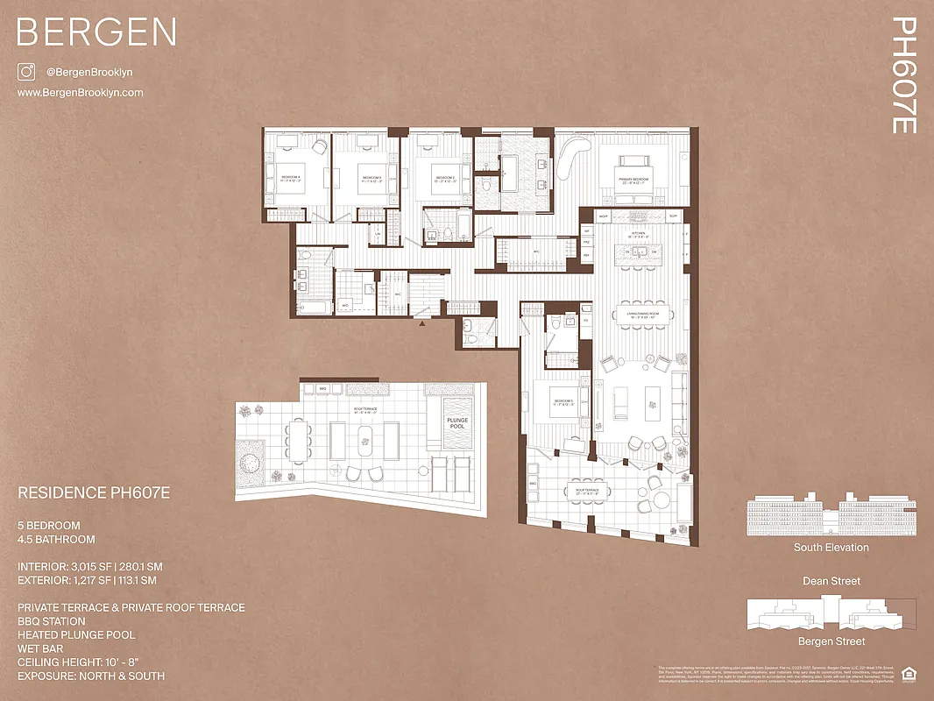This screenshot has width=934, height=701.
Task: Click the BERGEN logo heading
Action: (x=96, y=32)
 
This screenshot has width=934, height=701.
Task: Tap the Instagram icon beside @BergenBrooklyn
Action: (x=26, y=73)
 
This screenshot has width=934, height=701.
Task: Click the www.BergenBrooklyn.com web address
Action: (x=80, y=92)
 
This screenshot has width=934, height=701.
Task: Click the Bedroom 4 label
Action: (x=291, y=178)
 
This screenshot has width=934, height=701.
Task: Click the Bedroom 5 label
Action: (x=563, y=403)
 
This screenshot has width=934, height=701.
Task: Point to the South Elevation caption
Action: (x=831, y=548)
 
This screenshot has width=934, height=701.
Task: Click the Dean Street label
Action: (x=831, y=581)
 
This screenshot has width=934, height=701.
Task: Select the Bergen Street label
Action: (x=831, y=642)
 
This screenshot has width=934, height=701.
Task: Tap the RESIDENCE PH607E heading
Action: (x=94, y=493)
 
